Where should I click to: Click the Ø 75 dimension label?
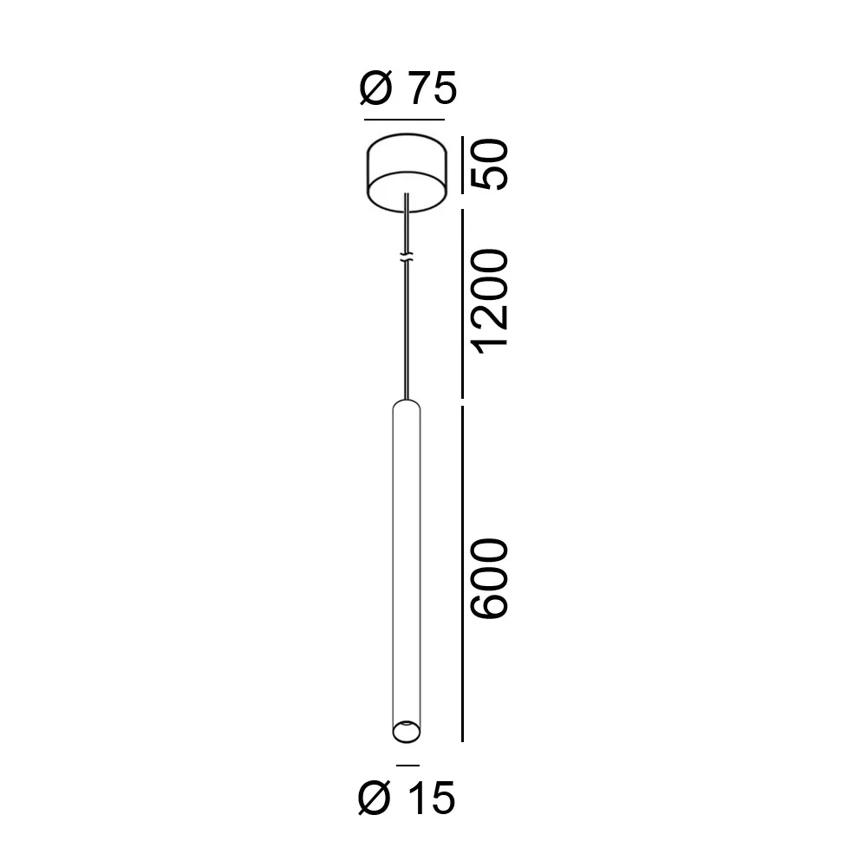coord(408,88)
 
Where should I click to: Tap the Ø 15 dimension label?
coord(407,798)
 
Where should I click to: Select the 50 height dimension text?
coord(489,165)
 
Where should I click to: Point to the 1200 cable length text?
coord(489,302)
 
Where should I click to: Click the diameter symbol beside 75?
coord(376,88)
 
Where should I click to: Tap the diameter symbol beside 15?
coord(375,798)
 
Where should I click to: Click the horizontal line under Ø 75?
coord(404,119)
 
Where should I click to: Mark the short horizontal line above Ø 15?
coord(407,766)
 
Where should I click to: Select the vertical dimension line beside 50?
coord(462,166)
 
